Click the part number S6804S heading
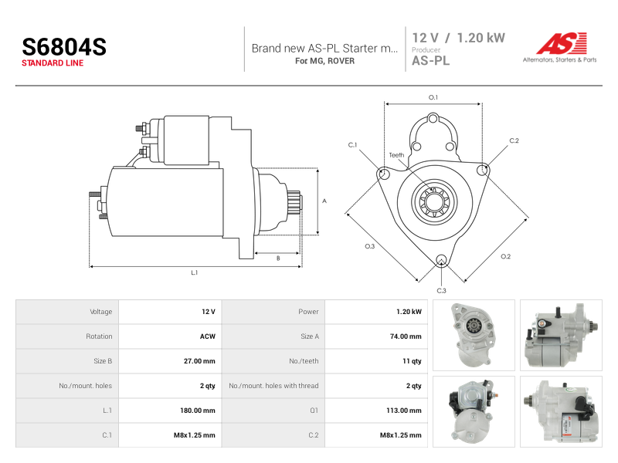point(64,47)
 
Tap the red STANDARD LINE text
point(53,63)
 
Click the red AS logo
point(562,43)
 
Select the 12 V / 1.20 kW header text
point(458,38)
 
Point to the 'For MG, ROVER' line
point(324,61)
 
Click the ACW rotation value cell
point(207,336)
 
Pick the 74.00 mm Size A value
point(405,336)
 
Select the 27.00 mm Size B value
point(199,361)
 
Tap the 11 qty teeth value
point(412,361)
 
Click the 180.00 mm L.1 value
point(198,411)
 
